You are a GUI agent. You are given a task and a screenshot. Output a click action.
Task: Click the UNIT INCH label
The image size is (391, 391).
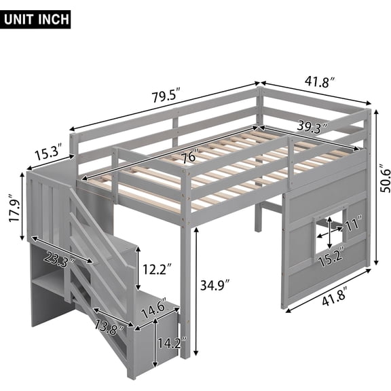[37, 18]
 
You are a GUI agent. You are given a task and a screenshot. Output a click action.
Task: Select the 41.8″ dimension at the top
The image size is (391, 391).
[319, 82]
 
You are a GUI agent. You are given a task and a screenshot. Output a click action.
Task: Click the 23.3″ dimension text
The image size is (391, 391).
[58, 258]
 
